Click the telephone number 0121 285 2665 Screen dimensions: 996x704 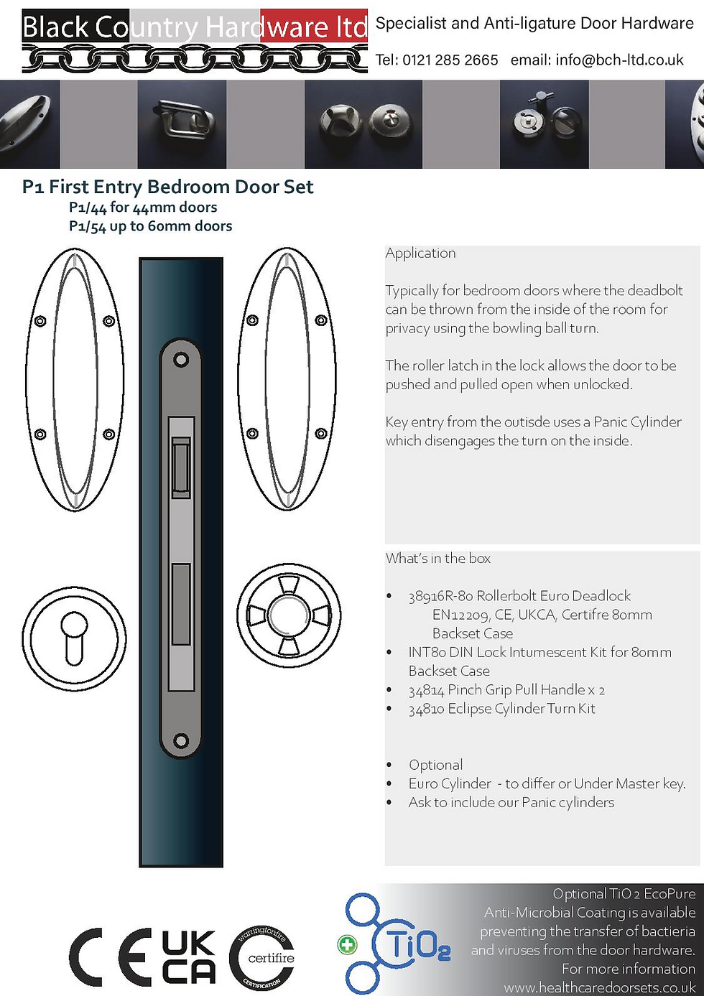tap(450, 60)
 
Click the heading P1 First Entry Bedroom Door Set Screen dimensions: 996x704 tap(167, 187)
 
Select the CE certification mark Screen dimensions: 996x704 tap(111, 957)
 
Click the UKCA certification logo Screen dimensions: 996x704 tap(188, 957)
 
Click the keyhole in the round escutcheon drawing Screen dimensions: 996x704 tap(73, 635)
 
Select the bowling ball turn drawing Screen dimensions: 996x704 tap(289, 616)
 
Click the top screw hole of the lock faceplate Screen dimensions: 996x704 tap(181, 358)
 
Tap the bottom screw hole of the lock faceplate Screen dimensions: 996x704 tap(181, 740)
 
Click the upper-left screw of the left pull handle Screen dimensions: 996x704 tap(41, 320)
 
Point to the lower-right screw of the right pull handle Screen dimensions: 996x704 tap(321, 434)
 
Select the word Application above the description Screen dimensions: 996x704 tap(420, 253)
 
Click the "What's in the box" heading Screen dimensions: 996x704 tap(438, 559)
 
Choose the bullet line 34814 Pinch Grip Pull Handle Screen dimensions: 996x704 tap(506, 690)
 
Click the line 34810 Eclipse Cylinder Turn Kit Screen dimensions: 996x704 tap(501, 709)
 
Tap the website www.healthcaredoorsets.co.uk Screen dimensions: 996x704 tap(600, 987)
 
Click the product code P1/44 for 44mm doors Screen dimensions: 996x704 tap(143, 208)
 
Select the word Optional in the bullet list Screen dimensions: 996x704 tap(435, 765)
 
